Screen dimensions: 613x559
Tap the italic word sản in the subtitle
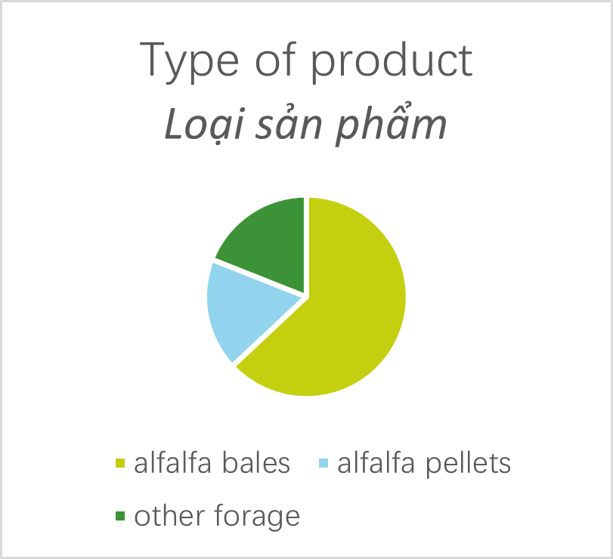pos(289,122)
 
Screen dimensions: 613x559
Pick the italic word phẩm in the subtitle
pos(392,123)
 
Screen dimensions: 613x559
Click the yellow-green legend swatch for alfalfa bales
pos(120,463)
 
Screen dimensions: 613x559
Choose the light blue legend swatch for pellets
pos(324,463)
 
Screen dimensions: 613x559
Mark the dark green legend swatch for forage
pos(120,516)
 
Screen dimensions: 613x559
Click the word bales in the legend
pos(256,462)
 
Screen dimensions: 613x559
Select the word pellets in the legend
pos(468,464)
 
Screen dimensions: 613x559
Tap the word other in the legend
pos(169,516)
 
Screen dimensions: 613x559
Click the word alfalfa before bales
pos(173,462)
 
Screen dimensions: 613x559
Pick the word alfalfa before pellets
pos(376,462)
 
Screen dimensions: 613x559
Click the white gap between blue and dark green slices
pos(258,278)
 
